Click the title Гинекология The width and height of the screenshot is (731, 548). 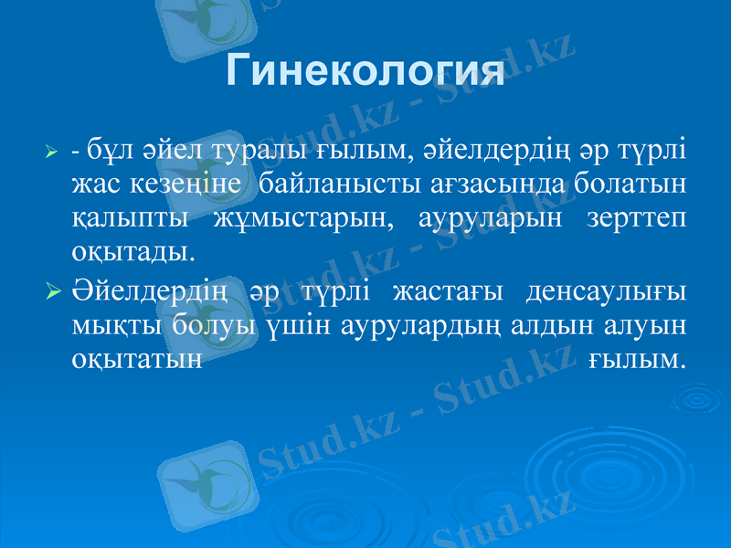pos(365,71)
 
